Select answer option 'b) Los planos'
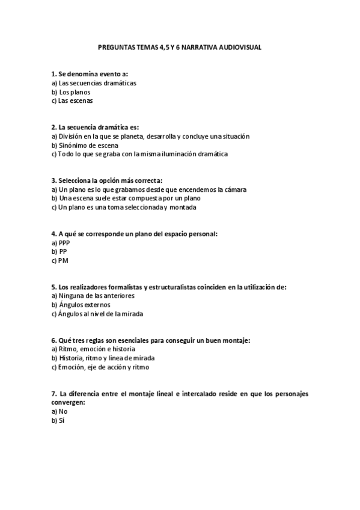tap(71, 92)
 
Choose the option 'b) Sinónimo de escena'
tap(85, 145)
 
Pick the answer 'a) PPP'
tap(61, 242)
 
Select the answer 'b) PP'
tap(59, 251)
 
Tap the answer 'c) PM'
tap(59, 260)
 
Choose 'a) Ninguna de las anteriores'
tap(93, 296)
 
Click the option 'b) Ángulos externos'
tap(81, 305)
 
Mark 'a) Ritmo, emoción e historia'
tap(93, 349)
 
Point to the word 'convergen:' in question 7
tap(68, 402)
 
